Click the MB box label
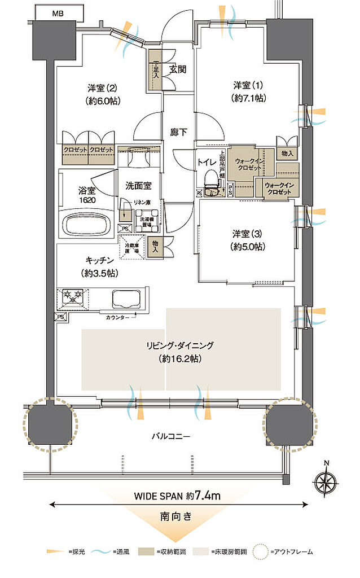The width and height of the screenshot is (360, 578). [x=58, y=12]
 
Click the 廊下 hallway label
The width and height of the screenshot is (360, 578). [x=178, y=133]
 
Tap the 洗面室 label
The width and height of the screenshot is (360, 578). [x=138, y=184]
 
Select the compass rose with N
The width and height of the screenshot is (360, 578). [x=326, y=484]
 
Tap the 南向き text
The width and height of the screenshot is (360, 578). [x=179, y=516]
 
